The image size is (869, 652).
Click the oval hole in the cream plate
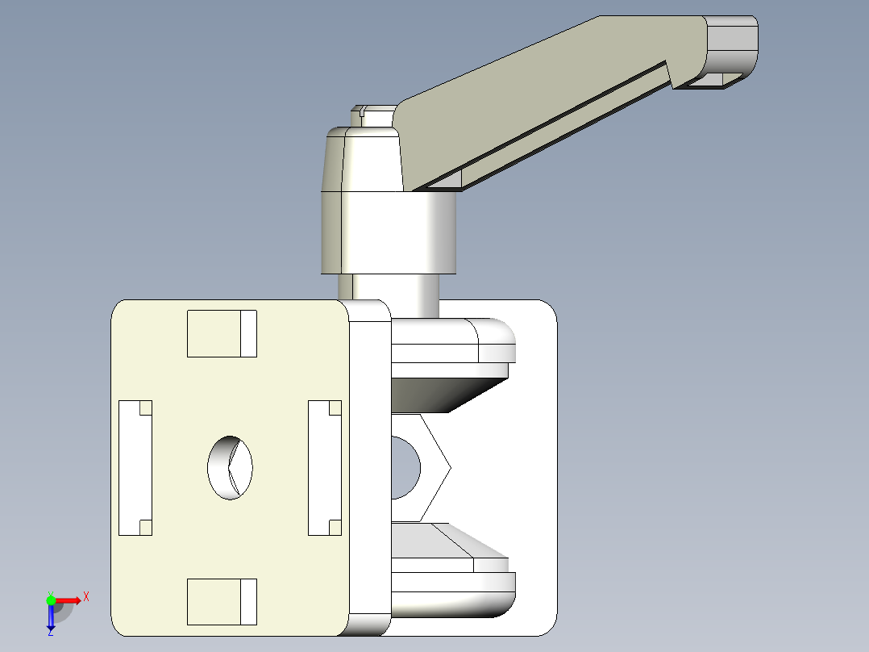[x=230, y=468]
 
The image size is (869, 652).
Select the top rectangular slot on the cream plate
[x=222, y=333]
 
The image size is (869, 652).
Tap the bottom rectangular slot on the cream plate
[x=222, y=601]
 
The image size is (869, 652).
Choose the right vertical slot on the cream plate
[x=324, y=468]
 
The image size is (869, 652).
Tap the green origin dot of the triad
[x=51, y=600]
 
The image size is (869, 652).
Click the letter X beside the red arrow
[x=86, y=596]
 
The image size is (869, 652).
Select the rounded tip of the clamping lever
[x=734, y=48]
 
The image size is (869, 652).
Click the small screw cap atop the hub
[x=372, y=115]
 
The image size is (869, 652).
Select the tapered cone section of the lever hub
[x=363, y=160]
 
